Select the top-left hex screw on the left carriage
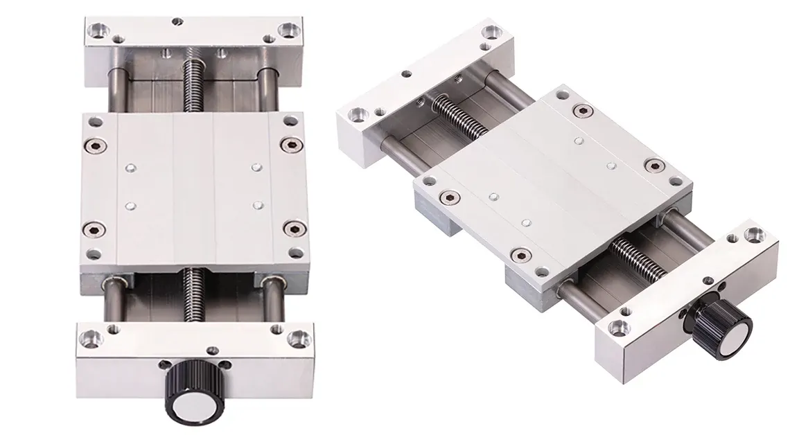click(94, 145)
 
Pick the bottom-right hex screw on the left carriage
click(290, 229)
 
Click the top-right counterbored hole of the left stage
click(286, 29)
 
